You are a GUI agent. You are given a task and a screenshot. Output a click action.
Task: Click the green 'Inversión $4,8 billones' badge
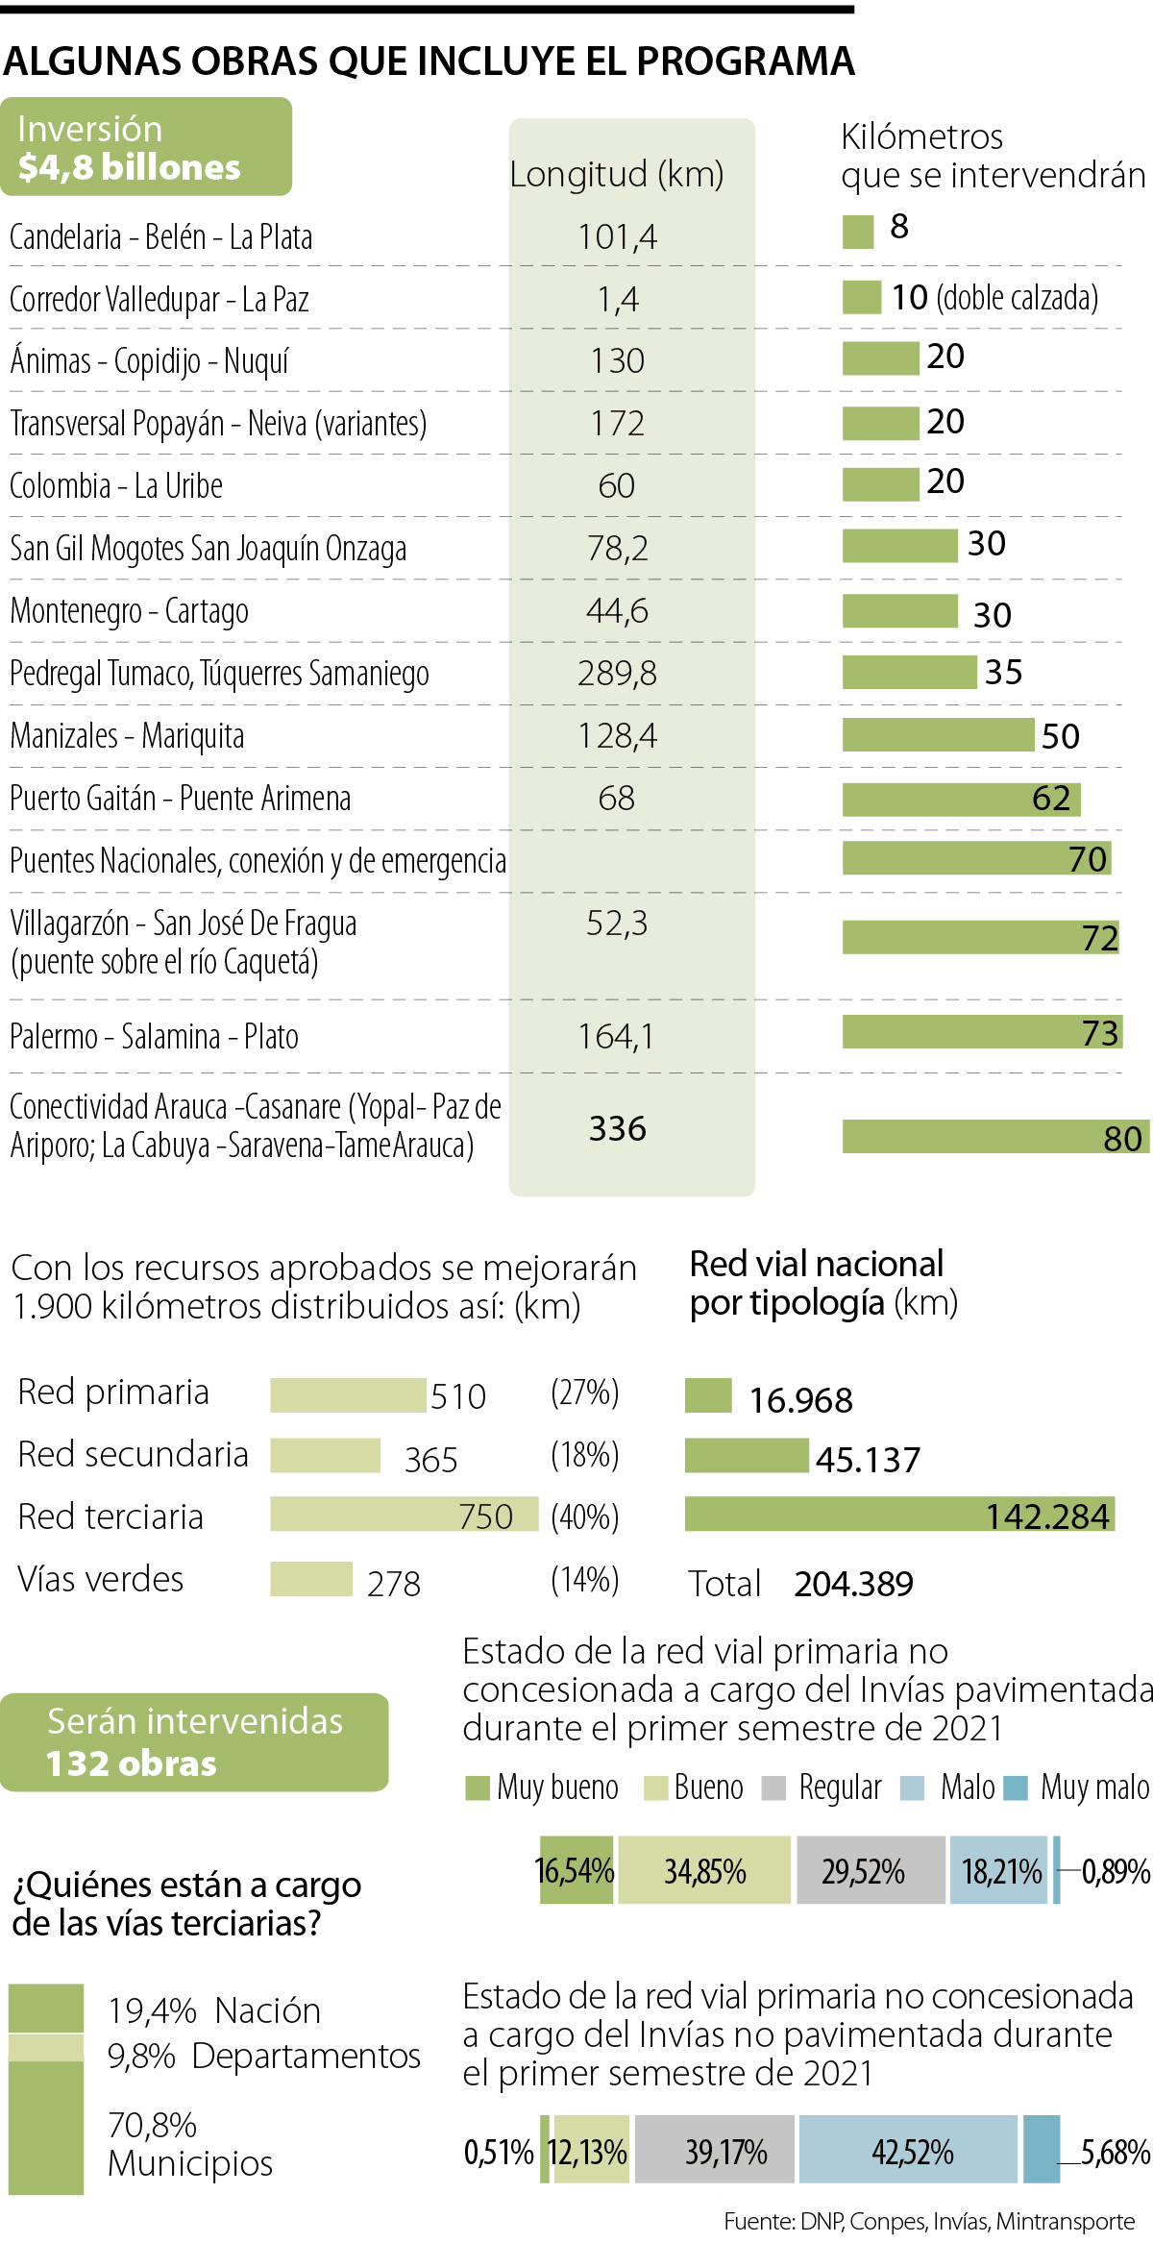tap(146, 147)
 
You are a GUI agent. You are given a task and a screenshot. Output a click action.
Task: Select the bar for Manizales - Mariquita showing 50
tap(938, 735)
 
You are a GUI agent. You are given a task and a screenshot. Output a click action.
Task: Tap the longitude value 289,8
tap(617, 674)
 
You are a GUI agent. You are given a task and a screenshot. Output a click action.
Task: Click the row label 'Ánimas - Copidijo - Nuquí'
tap(149, 361)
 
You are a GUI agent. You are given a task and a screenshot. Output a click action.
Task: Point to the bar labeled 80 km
tap(994, 1136)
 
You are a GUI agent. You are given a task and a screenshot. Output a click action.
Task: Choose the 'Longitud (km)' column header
tap(617, 175)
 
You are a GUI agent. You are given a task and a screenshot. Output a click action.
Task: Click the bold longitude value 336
tap(617, 1128)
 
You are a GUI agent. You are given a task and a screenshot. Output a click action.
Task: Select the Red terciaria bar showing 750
tap(404, 1514)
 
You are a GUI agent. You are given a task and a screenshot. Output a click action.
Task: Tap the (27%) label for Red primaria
tap(584, 1393)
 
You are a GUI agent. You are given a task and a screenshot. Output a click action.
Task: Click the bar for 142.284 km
tap(898, 1514)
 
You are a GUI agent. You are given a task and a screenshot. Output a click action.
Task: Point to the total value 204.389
tap(853, 1584)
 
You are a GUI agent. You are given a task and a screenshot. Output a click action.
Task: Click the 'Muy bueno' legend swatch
tap(477, 1787)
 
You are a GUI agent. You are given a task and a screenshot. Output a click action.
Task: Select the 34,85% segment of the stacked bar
tap(704, 1870)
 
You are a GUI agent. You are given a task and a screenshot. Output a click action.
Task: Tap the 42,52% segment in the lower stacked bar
tap(908, 2149)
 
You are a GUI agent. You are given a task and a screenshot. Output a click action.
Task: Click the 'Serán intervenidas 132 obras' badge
tap(194, 1742)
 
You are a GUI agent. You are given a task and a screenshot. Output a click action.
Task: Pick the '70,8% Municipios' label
tap(189, 2144)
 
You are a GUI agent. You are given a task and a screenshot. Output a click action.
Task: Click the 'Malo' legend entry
tap(967, 1787)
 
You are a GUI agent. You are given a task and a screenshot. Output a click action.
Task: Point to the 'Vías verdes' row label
tap(101, 1579)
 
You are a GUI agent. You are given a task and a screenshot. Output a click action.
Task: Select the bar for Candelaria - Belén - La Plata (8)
tap(858, 232)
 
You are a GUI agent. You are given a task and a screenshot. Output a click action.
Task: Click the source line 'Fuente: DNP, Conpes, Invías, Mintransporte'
tap(929, 2221)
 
